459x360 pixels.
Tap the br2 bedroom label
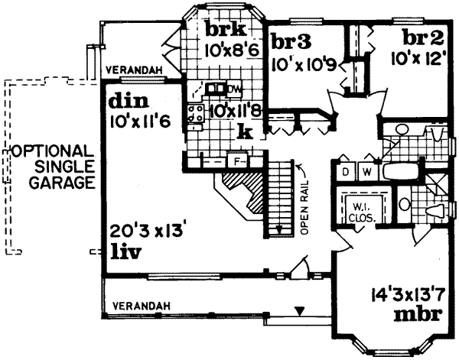point(423,38)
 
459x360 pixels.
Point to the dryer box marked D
point(346,172)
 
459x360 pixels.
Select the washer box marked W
point(366,172)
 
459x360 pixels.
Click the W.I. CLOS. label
point(360,211)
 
